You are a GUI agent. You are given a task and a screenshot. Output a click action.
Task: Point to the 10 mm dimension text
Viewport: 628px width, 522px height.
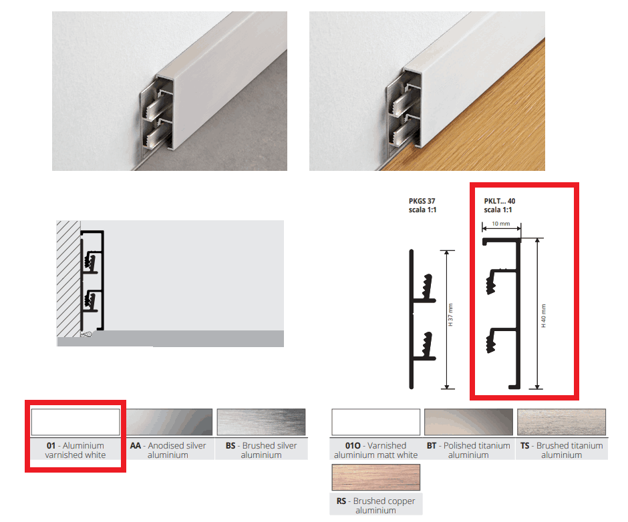pyautogui.click(x=500, y=224)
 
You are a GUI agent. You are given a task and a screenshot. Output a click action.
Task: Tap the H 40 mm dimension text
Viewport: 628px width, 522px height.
pyautogui.click(x=544, y=316)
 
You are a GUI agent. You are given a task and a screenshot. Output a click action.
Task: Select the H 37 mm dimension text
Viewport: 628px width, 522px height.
pyautogui.click(x=450, y=314)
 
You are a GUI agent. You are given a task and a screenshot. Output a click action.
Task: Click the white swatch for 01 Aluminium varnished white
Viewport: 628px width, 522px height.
pyautogui.click(x=75, y=422)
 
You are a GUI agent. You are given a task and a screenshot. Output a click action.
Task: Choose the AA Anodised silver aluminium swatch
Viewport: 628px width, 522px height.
pyautogui.click(x=168, y=422)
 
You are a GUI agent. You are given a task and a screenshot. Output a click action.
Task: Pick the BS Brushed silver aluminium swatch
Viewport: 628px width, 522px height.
pyautogui.click(x=261, y=422)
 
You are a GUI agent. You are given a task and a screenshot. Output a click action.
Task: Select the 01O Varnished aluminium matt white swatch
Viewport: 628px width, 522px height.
pyautogui.click(x=375, y=422)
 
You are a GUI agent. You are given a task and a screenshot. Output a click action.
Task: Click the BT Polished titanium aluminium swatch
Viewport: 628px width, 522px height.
pyautogui.click(x=468, y=422)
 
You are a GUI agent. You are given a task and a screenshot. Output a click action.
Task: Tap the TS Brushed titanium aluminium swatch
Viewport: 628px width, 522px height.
pyautogui.click(x=561, y=422)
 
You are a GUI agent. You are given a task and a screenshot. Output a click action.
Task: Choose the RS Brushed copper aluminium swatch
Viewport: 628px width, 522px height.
pyautogui.click(x=375, y=477)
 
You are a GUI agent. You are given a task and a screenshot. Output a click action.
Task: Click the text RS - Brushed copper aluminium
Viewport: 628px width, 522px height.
pyautogui.click(x=375, y=505)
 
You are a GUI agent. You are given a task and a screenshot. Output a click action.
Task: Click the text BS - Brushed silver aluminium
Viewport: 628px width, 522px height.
pyautogui.click(x=261, y=450)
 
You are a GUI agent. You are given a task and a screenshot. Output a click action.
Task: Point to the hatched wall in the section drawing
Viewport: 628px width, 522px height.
pyautogui.click(x=69, y=278)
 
